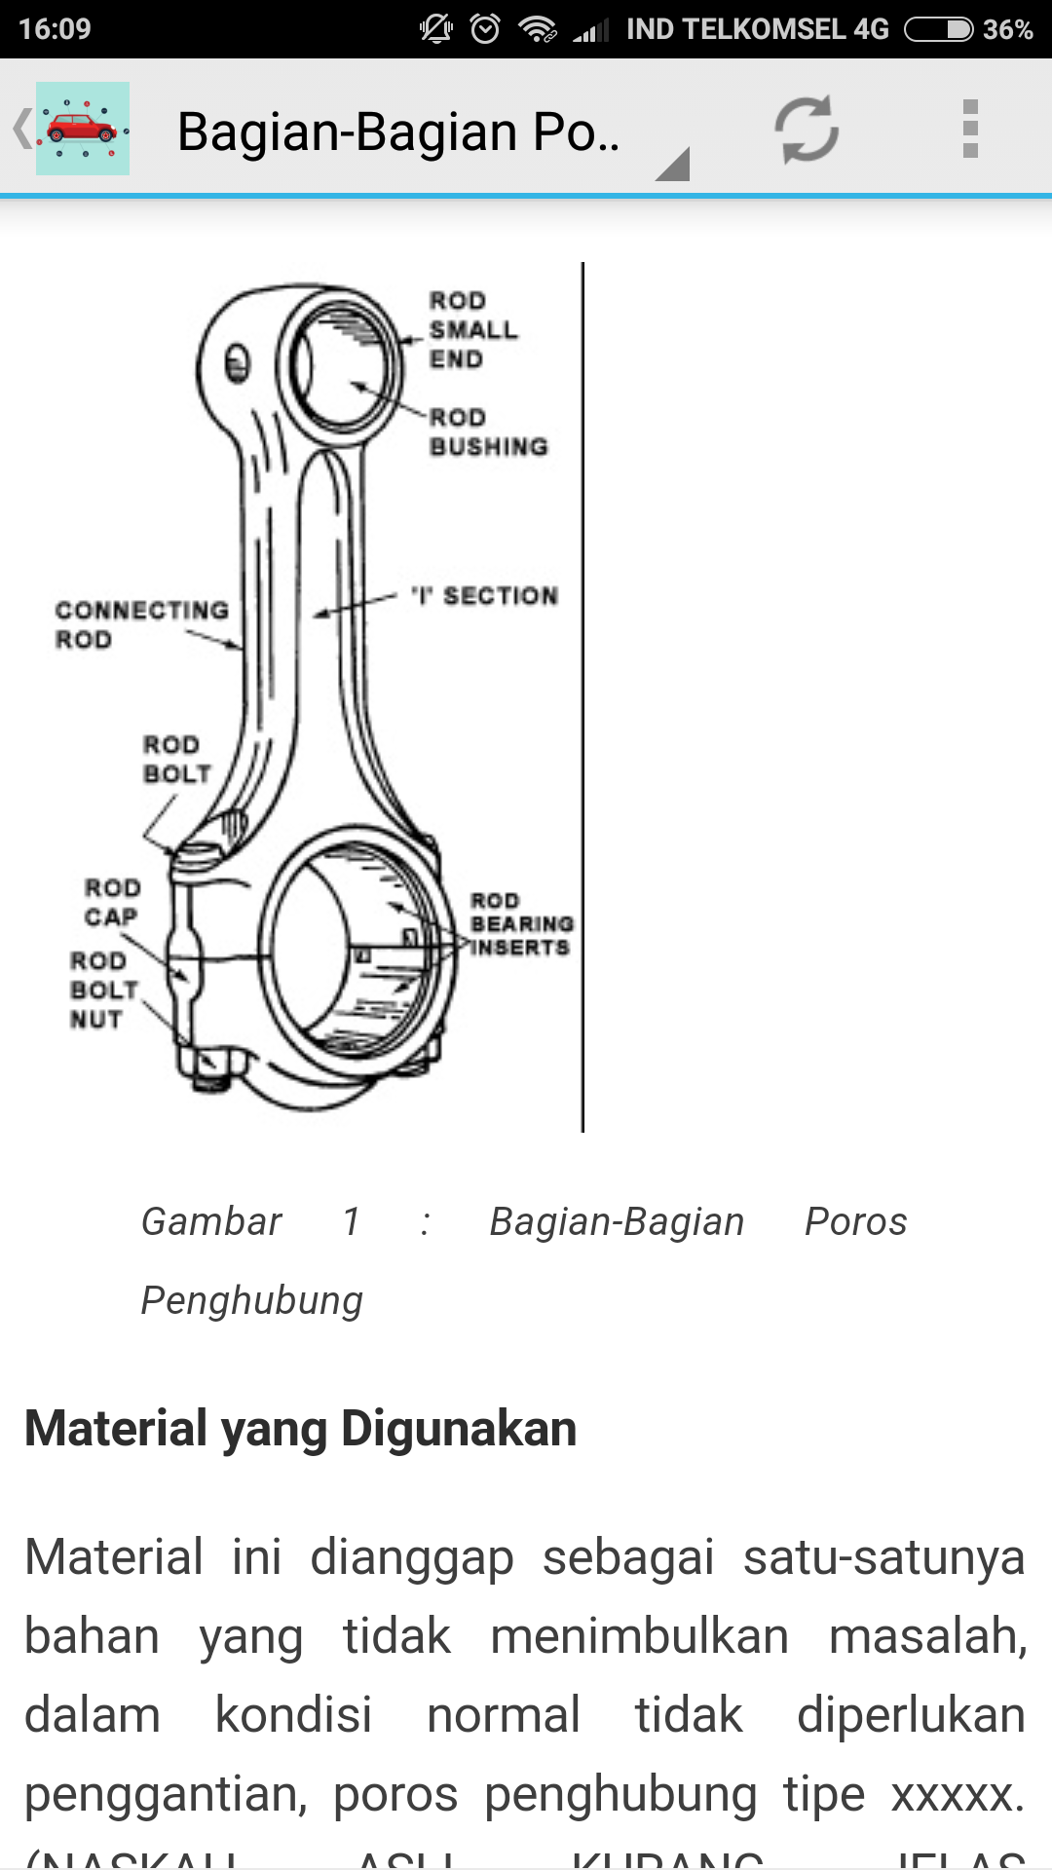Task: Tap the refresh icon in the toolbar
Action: [807, 129]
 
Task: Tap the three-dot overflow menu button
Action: [969, 129]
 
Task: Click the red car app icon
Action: [83, 129]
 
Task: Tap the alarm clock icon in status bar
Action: [485, 29]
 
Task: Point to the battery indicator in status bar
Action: [939, 29]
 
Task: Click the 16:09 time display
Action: [55, 29]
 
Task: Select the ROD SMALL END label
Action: [472, 330]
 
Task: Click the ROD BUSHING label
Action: [488, 432]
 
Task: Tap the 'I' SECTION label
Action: [485, 595]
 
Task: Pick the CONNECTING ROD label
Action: [141, 624]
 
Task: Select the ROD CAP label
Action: [112, 903]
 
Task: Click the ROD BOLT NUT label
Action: [102, 990]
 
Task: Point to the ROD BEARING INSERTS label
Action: [521, 924]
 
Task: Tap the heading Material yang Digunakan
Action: [301, 1429]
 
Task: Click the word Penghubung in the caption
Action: [252, 1301]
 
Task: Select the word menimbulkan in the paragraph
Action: [639, 1636]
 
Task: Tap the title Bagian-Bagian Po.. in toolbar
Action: [398, 131]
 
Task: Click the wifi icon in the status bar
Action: [537, 29]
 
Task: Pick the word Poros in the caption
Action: [855, 1222]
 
